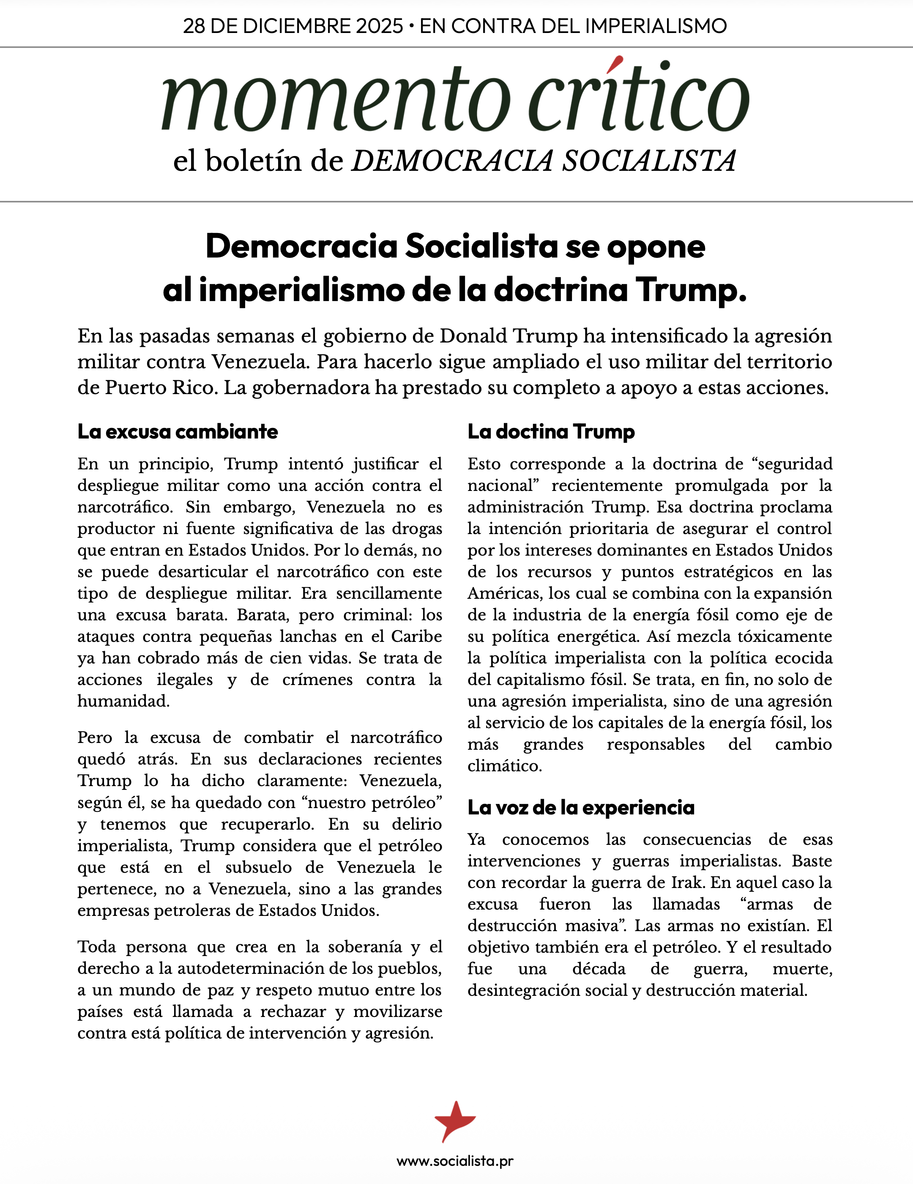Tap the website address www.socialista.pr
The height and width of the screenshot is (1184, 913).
[455, 1161]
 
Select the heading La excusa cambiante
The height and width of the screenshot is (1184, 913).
[178, 432]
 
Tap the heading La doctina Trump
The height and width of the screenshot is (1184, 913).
[551, 432]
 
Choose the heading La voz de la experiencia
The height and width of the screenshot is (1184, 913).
[581, 807]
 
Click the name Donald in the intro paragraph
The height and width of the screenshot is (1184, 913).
[473, 336]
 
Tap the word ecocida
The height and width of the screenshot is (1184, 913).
[804, 658]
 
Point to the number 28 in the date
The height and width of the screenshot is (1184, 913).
[194, 26]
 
